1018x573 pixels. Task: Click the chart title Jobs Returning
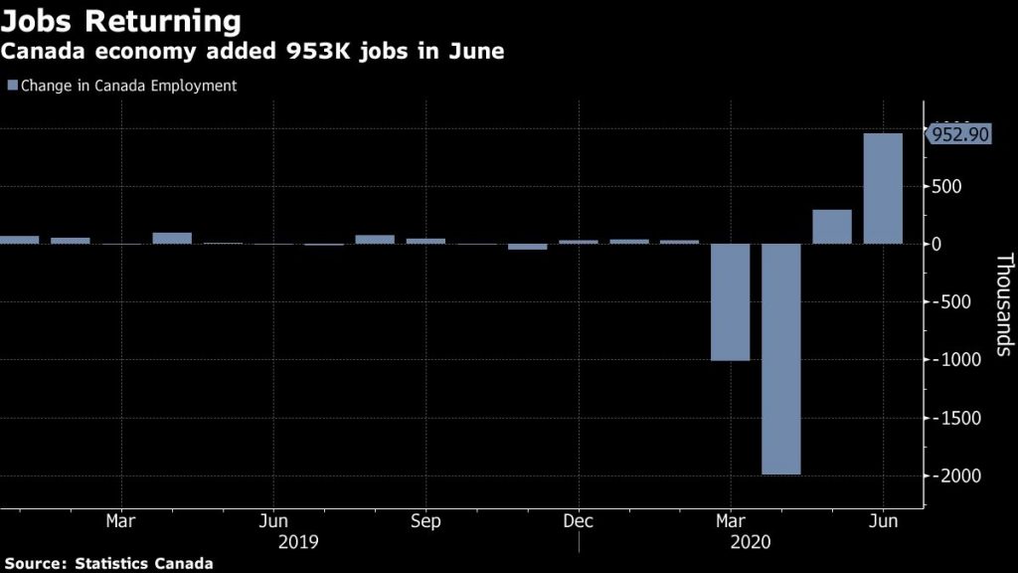(x=120, y=21)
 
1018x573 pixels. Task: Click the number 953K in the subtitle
(x=291, y=52)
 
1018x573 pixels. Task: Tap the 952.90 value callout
(x=959, y=134)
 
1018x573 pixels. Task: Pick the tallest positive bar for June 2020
(x=883, y=188)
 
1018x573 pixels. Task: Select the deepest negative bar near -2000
(x=780, y=359)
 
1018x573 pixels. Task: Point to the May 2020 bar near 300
(x=832, y=227)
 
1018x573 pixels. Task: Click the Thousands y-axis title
(x=1003, y=304)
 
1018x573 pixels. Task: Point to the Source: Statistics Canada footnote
(x=106, y=563)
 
